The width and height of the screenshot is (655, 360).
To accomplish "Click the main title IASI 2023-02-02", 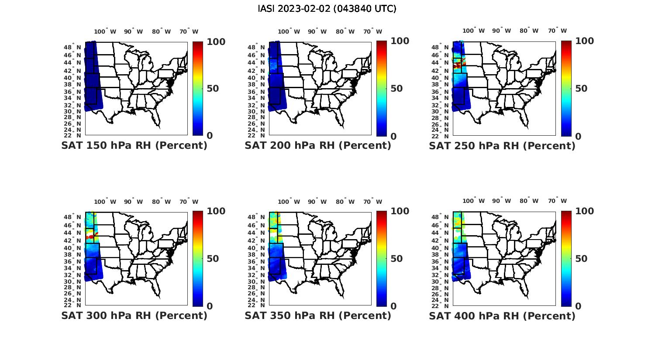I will [x=327, y=9].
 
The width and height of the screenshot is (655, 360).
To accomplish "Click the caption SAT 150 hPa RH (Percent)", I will [x=134, y=145].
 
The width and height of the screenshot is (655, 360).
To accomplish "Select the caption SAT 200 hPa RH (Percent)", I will [x=318, y=145].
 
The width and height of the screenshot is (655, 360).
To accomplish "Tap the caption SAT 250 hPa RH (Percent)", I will [x=502, y=146].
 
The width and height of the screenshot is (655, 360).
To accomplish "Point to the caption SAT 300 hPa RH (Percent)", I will [x=134, y=315].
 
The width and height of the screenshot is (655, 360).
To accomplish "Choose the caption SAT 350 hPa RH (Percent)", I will [x=318, y=315].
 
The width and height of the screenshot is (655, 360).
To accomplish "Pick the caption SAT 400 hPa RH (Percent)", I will [x=502, y=316].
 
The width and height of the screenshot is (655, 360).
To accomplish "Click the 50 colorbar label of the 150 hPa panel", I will [x=213, y=89].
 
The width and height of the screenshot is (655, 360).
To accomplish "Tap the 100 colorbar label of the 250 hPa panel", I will [x=584, y=41].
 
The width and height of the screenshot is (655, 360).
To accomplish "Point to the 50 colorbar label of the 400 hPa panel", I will [x=581, y=259].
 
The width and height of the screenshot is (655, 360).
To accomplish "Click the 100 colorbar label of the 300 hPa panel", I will [x=216, y=211].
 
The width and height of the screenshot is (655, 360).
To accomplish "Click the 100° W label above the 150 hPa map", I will [x=105, y=31].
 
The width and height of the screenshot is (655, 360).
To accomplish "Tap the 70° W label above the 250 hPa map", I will [x=557, y=31].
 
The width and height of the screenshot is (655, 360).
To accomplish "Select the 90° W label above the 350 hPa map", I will [x=317, y=202].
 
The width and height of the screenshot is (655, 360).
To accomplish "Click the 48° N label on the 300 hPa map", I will [x=73, y=217].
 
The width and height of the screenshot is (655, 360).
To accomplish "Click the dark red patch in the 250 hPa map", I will [x=457, y=65].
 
